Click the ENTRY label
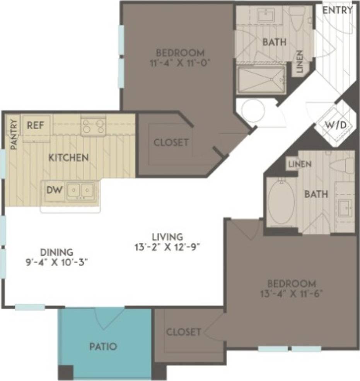click(x=337, y=10)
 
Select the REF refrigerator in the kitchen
click(x=36, y=125)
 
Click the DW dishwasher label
click(x=53, y=190)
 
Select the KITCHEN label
click(x=68, y=158)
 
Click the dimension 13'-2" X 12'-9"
click(x=167, y=246)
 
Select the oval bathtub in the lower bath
click(x=281, y=201)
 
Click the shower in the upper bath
click(x=261, y=79)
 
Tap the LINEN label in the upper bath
click(x=300, y=62)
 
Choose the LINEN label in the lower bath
click(x=300, y=164)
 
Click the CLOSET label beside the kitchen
click(x=171, y=143)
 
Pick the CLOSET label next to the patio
click(x=184, y=332)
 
